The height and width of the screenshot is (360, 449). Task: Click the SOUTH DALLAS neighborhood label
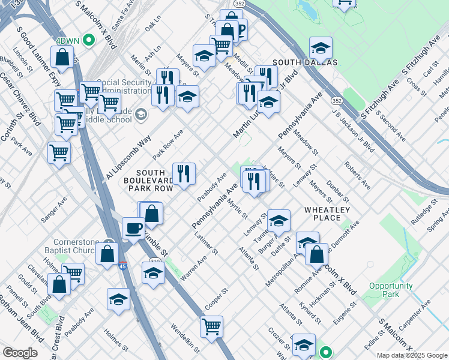[305, 62]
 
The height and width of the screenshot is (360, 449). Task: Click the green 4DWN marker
[89, 40]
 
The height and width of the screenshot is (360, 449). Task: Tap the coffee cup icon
[133, 228]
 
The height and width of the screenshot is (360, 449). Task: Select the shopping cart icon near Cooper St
[211, 327]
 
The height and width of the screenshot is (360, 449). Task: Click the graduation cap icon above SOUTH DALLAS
[321, 47]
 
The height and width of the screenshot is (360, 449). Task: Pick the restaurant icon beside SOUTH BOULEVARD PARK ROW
[184, 173]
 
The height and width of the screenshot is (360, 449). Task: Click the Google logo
[20, 353]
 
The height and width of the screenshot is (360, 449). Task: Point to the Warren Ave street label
[193, 267]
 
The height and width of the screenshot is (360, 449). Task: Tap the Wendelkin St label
[185, 337]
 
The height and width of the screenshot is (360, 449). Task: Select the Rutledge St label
[424, 214]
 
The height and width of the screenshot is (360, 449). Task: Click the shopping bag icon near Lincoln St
[62, 58]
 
